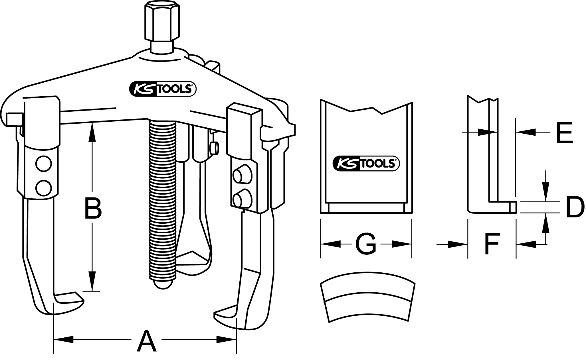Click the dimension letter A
146,341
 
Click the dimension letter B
93,209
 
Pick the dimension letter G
366,244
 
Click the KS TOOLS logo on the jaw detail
366,164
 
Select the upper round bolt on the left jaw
44,164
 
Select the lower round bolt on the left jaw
44,187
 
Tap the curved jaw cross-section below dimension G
367,298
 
